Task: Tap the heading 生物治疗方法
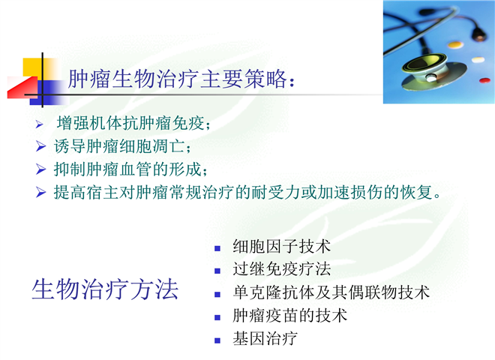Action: [x=105, y=289]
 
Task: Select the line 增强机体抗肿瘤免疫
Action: [x=133, y=123]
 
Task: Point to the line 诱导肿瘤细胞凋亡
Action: [x=122, y=146]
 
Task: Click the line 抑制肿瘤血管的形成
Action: [x=130, y=169]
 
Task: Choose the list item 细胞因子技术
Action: [x=281, y=246]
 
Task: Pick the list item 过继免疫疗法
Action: [x=281, y=269]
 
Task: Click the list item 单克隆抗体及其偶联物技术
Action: [x=331, y=292]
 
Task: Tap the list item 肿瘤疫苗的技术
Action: [x=289, y=316]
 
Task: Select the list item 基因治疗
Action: [x=265, y=338]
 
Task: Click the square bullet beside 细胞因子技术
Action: [x=217, y=248]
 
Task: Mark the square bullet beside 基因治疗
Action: [x=217, y=340]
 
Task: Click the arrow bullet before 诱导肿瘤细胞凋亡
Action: [x=40, y=146]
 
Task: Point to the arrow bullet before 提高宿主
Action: [x=40, y=192]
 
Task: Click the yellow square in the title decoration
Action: [x=32, y=67]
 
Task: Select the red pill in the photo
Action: [x=484, y=80]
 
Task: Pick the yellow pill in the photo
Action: [x=455, y=44]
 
